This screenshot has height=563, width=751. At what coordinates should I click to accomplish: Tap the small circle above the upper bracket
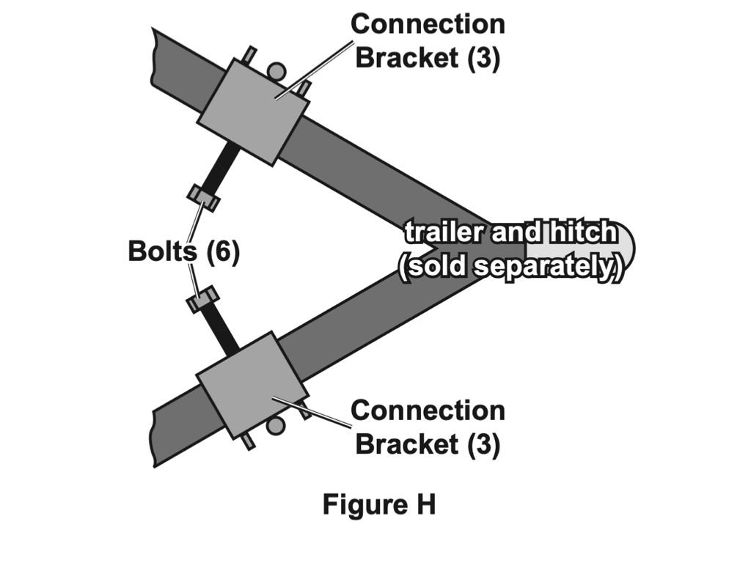(276, 71)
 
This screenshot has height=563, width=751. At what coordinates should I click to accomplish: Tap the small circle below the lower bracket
(276, 425)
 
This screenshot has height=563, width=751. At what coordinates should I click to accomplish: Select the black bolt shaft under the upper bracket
(223, 164)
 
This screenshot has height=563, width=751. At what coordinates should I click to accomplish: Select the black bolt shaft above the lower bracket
(223, 331)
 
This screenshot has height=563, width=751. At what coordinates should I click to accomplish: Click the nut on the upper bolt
(203, 197)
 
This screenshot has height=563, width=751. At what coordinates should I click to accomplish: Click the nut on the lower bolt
(203, 299)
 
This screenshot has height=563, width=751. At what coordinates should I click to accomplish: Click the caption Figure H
(379, 506)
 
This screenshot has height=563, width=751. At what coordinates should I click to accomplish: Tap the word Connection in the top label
(428, 24)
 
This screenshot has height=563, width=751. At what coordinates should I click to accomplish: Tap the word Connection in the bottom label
(428, 411)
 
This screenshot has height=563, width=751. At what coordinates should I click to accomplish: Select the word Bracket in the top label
(408, 58)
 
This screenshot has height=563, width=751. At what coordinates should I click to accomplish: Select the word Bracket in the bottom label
(408, 444)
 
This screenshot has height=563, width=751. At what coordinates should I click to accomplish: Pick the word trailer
(444, 233)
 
